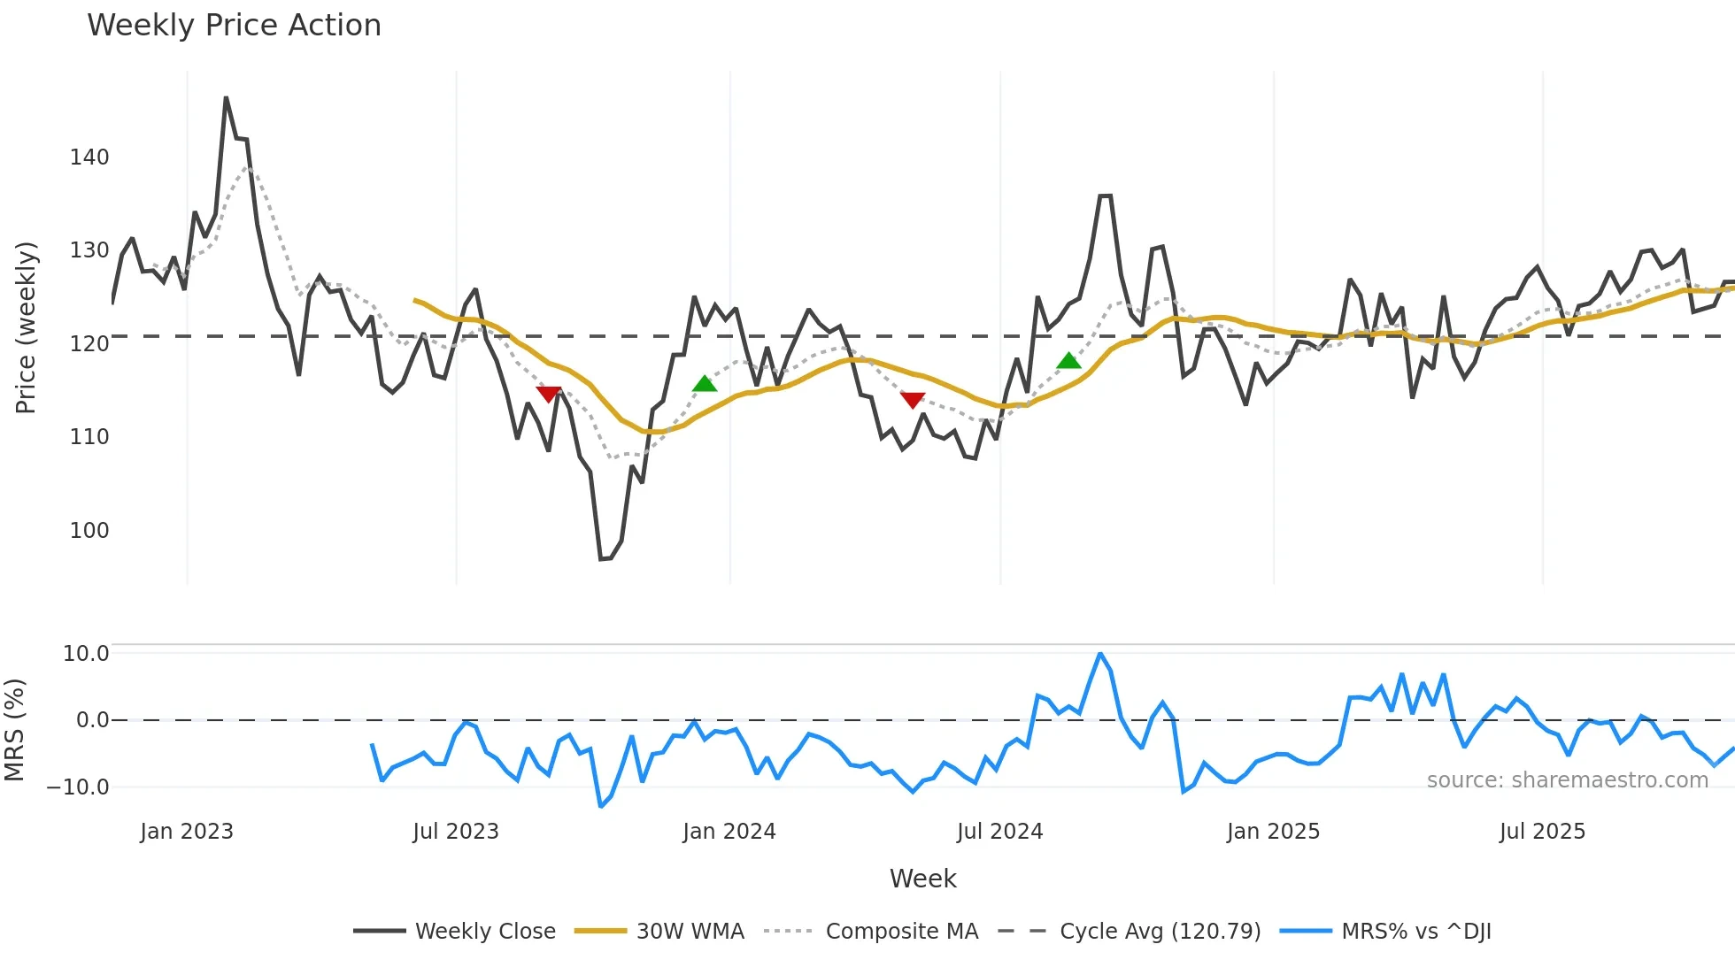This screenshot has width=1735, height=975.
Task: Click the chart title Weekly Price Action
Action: tap(234, 26)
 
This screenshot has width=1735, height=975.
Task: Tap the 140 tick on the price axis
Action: tap(89, 157)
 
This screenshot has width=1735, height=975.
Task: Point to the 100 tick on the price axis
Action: tap(89, 531)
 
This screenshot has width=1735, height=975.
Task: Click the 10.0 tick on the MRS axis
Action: tap(86, 654)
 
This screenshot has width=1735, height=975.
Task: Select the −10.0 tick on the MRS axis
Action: tap(78, 787)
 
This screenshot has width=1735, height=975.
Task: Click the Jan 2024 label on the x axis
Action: tap(729, 832)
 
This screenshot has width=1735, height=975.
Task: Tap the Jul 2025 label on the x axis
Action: tap(1542, 832)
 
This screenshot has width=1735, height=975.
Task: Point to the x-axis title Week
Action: tap(922, 879)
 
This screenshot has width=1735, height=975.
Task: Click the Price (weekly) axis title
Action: tap(27, 327)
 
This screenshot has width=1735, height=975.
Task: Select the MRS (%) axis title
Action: tap(14, 730)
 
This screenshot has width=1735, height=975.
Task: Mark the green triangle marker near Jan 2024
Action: tap(705, 384)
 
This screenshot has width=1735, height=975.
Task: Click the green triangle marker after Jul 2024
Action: tap(1068, 361)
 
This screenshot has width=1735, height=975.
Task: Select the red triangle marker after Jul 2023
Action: tap(548, 394)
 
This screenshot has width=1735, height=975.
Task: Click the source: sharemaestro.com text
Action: tap(1567, 780)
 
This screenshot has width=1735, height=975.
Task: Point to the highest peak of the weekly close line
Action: tap(226, 98)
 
